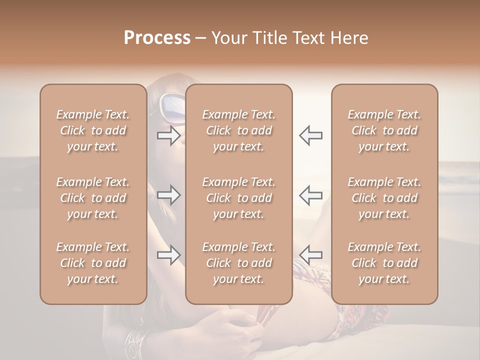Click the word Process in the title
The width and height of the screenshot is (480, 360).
(157, 38)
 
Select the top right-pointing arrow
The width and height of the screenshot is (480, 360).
(168, 135)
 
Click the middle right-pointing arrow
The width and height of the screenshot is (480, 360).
(168, 195)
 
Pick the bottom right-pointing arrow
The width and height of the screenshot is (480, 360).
(168, 255)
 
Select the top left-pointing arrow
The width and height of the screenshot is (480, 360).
(310, 135)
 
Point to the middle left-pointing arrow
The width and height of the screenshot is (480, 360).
(310, 195)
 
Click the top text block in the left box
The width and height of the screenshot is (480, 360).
(93, 130)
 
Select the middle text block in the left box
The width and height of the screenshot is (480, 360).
(93, 198)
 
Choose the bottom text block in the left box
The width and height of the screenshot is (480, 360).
(93, 263)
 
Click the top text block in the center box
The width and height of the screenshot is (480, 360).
(239, 130)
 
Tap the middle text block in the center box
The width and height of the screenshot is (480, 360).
(239, 198)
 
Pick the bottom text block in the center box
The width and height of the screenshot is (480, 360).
(239, 263)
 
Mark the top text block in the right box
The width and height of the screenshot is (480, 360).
(384, 130)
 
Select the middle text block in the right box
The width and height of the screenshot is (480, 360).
(384, 198)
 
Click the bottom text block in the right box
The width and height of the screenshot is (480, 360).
(384, 263)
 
